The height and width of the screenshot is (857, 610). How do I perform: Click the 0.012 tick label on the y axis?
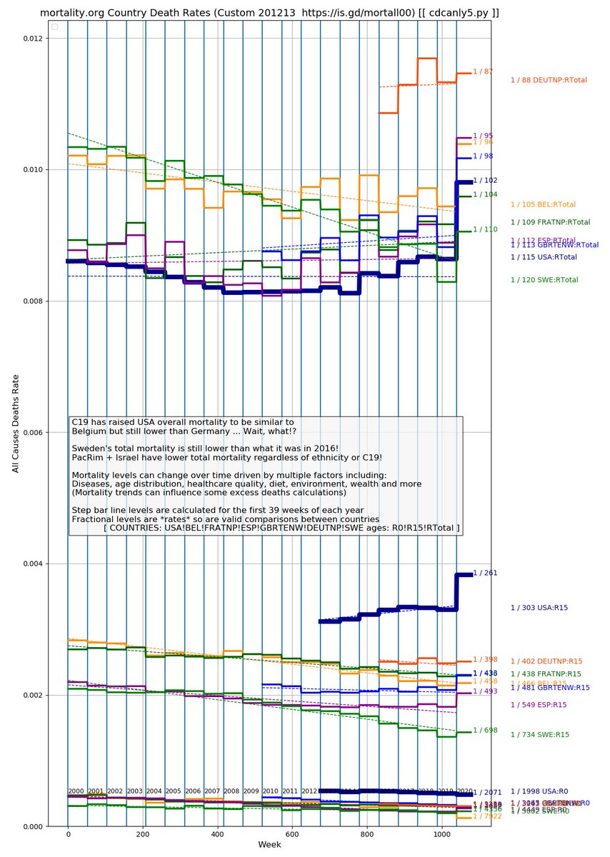[31, 39]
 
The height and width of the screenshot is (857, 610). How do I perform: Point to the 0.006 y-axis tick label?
[31, 433]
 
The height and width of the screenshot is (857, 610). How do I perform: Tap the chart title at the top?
[269, 14]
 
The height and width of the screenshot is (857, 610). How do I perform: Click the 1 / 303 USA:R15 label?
[539, 608]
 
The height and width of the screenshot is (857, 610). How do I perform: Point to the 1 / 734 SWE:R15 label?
[539, 735]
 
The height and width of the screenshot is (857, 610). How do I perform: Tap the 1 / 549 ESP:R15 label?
[539, 705]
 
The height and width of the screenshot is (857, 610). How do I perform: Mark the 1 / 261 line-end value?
[485, 573]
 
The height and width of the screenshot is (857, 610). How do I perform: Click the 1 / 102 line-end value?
[485, 181]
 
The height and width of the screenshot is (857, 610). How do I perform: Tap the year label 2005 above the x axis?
[174, 791]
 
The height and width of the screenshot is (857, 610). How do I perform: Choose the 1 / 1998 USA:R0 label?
[539, 791]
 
